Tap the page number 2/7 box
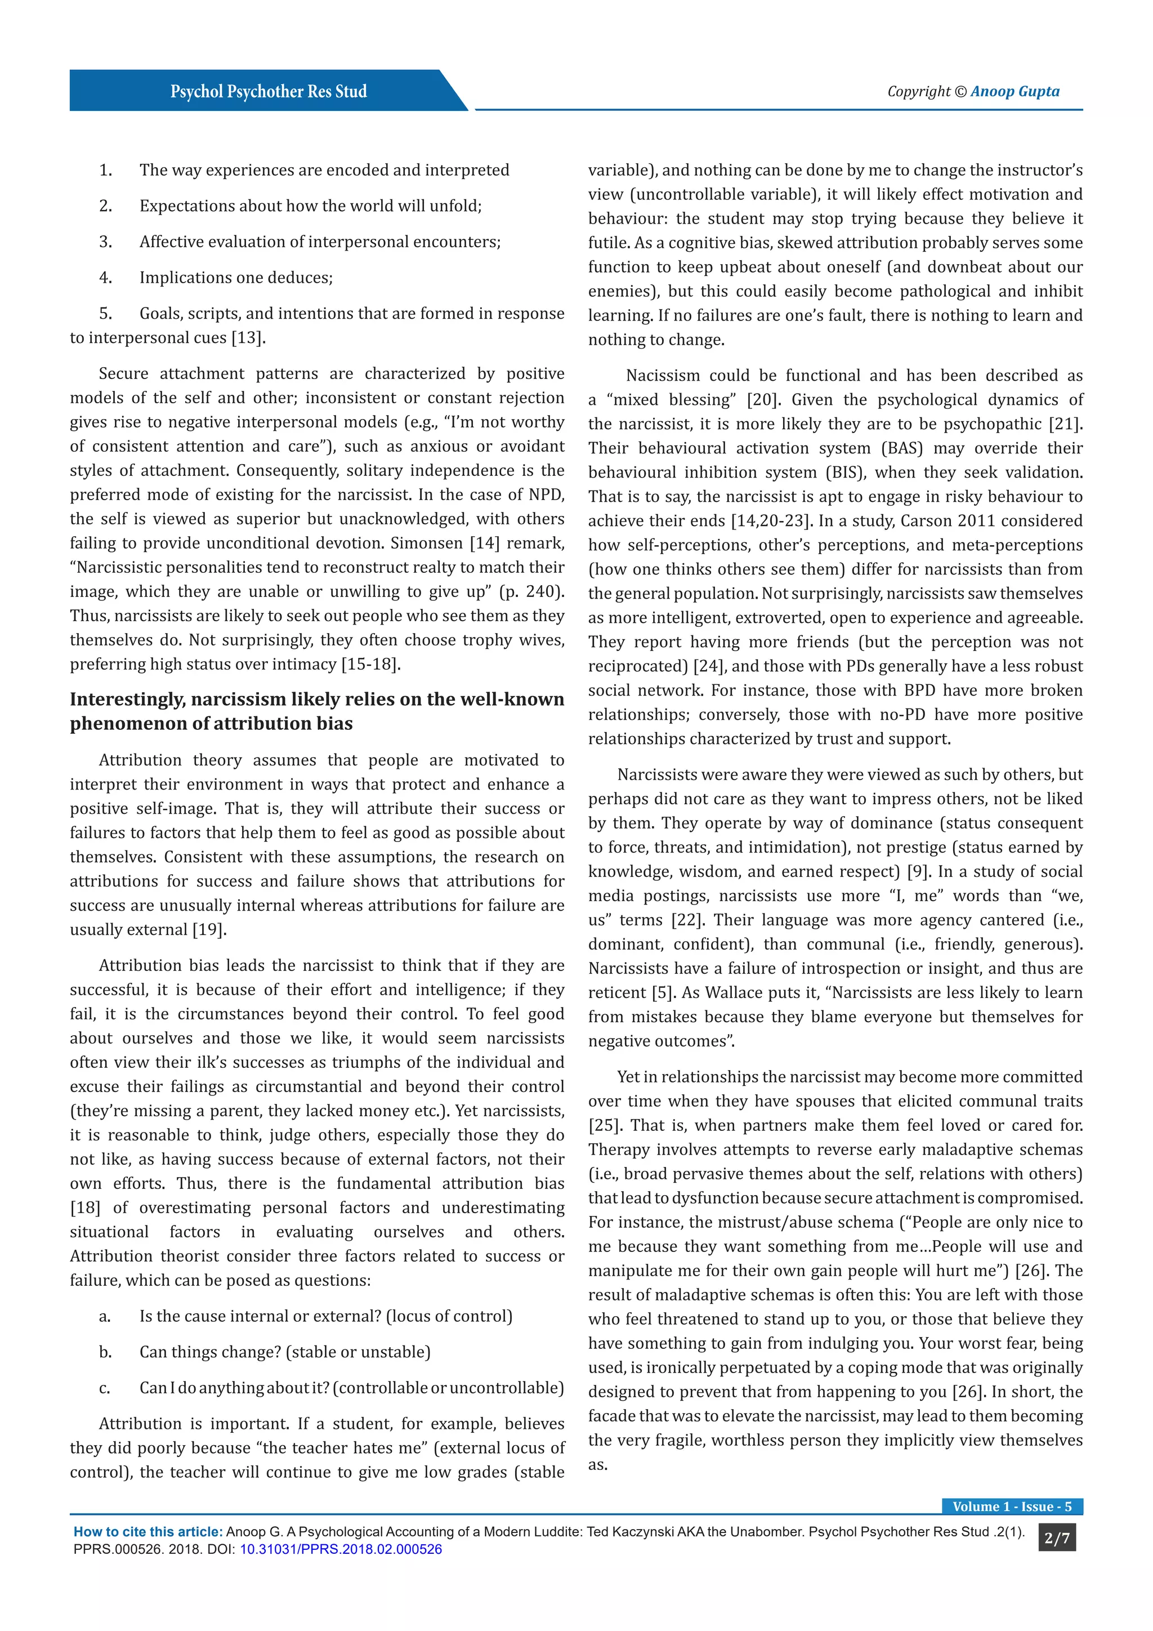[x=1056, y=1538]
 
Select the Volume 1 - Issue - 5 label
[x=1012, y=1506]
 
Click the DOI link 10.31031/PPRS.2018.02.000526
[x=340, y=1549]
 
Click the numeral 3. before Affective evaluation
[x=105, y=242]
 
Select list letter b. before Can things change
[x=105, y=1352]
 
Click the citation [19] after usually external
[x=209, y=930]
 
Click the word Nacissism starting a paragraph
[x=660, y=376]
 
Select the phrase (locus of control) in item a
[x=449, y=1316]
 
